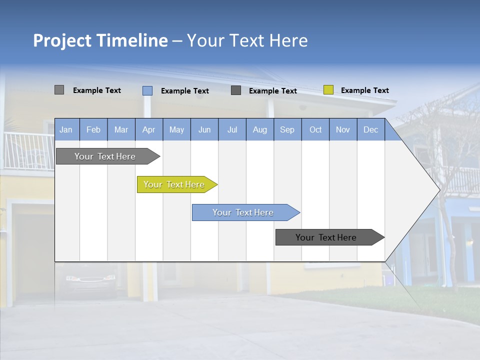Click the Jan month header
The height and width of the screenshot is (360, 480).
(x=66, y=129)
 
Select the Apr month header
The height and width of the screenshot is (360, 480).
(x=148, y=129)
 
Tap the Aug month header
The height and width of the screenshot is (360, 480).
(x=259, y=129)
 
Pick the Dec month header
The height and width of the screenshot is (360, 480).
(x=370, y=129)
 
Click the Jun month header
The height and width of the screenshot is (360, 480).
(x=204, y=129)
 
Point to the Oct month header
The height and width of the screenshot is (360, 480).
(x=315, y=129)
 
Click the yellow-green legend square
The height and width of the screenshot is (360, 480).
(x=328, y=90)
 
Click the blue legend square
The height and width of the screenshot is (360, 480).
(x=147, y=90)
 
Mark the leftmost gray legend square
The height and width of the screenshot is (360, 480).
(x=59, y=90)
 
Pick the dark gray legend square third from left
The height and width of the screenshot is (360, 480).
(x=236, y=90)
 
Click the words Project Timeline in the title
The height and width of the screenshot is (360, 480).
(x=100, y=40)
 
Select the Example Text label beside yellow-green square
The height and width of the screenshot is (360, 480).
(x=364, y=90)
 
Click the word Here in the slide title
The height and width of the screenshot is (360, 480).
(x=288, y=40)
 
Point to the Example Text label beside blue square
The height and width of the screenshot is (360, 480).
(x=184, y=91)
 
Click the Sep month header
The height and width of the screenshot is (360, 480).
(x=287, y=129)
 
